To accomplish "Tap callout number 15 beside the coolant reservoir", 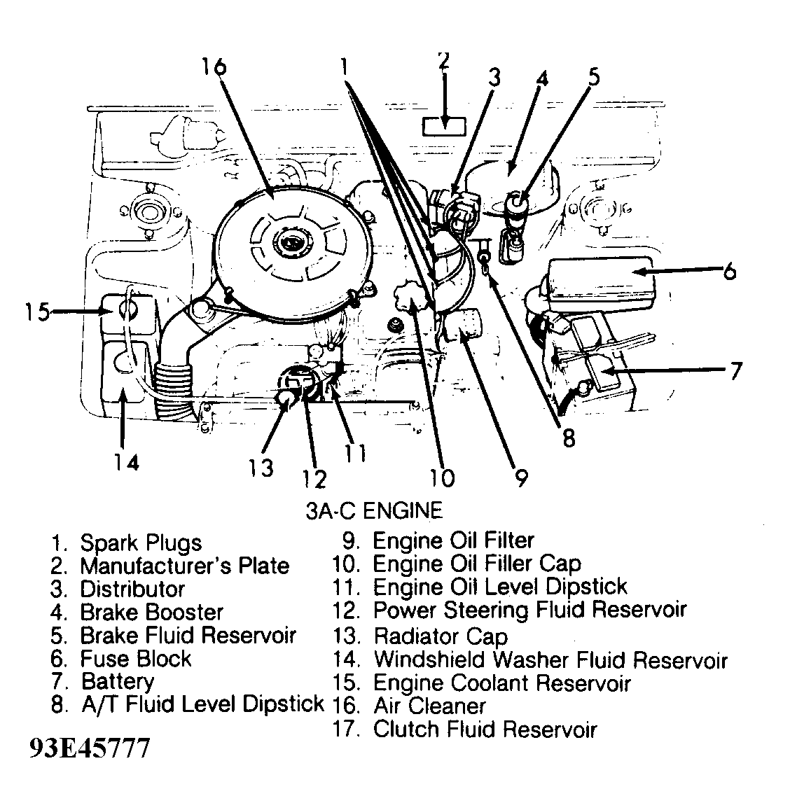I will [x=37, y=310].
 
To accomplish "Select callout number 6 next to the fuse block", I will [x=729, y=270].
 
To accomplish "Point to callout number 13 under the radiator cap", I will [x=261, y=467].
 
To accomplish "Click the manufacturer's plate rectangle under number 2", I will [x=444, y=126].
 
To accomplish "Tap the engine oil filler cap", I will [x=413, y=300].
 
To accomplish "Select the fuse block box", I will [x=602, y=278].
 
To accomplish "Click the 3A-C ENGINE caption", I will [x=374, y=510].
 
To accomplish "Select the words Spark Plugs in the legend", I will [x=140, y=543].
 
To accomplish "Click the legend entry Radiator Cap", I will [x=440, y=636].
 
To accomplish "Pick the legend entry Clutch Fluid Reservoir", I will [x=484, y=729].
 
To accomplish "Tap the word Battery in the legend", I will [x=117, y=681].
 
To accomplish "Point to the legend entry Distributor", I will [x=132, y=589].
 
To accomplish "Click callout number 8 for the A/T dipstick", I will [x=569, y=438].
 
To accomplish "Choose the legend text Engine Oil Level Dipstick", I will [x=499, y=587].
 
